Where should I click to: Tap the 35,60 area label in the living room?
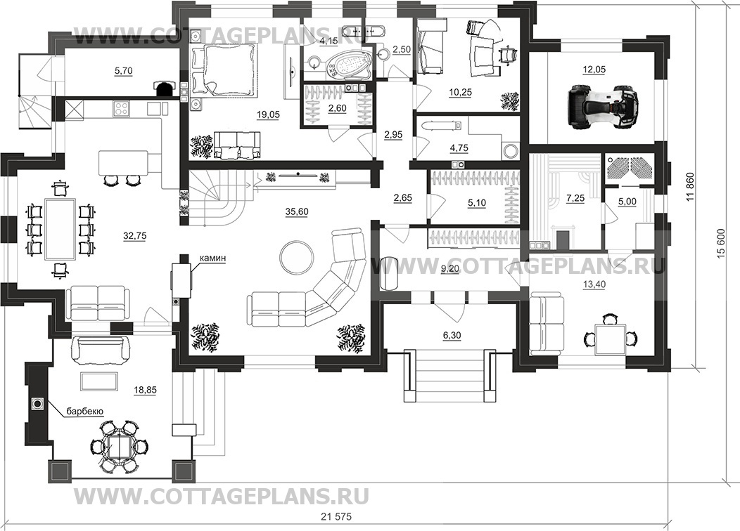[x=296, y=212]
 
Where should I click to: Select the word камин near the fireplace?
[x=212, y=258]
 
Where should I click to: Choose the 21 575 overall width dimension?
[x=336, y=516]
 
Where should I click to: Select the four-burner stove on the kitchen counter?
[x=122, y=108]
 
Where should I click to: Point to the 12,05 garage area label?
[x=594, y=70]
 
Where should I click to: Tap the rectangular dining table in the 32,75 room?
[x=60, y=229]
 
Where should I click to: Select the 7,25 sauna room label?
[x=575, y=199]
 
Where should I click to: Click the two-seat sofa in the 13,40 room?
[x=547, y=324]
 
